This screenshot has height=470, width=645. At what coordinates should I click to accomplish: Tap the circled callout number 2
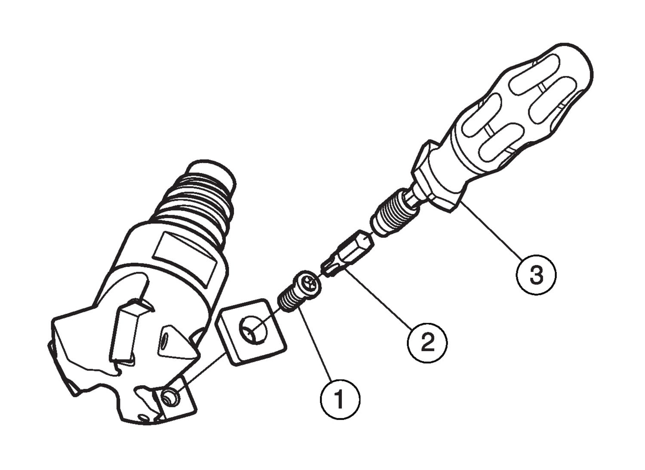[427, 342]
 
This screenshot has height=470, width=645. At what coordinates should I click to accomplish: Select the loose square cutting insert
[251, 331]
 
